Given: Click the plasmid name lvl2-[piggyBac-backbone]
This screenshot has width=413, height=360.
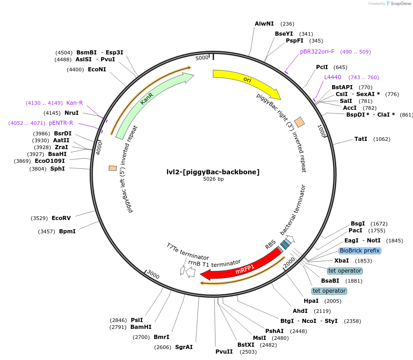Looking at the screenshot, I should coord(213,172).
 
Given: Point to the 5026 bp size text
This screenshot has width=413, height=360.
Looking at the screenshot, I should coord(213,179).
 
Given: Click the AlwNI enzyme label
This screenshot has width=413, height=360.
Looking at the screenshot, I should coord(264,24).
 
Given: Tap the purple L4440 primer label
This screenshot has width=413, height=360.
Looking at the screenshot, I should coord(333,77).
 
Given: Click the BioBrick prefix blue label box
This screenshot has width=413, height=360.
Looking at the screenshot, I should coord(359,251).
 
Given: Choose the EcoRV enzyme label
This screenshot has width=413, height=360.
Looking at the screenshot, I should coord(61,218).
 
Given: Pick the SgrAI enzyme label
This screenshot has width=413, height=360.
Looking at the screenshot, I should coord(184,347).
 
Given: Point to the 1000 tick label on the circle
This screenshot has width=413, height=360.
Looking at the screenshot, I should coord(322,132).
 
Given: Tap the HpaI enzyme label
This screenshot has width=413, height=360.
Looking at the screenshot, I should coord(311,301).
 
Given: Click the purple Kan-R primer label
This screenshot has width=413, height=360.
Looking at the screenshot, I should coord(75,103).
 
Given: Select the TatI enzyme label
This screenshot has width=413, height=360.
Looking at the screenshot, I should coord(360,139).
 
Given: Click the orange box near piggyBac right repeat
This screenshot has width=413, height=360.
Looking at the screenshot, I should coord(299,122).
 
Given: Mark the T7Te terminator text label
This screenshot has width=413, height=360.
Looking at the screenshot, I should coord(188,252).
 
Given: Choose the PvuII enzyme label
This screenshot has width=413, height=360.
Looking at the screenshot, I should coord(224,352).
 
